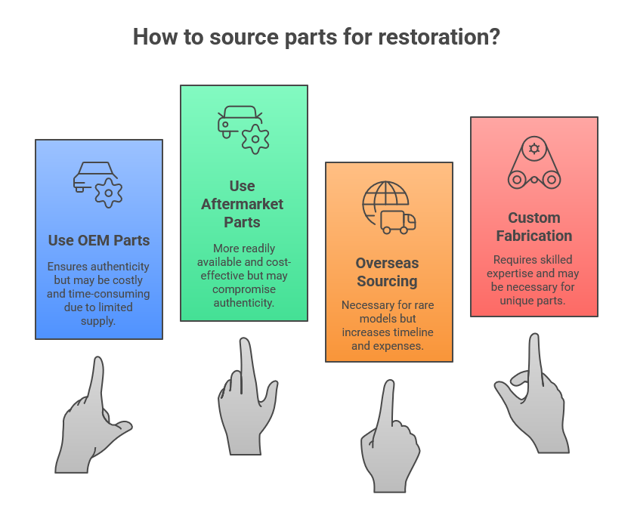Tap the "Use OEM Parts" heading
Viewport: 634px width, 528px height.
coord(99,241)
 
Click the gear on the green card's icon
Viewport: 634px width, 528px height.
coord(255,139)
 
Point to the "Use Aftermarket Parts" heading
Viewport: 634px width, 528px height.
coord(242,204)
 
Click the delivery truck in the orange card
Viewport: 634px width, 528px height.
coord(398,221)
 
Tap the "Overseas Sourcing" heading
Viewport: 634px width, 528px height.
coord(387,272)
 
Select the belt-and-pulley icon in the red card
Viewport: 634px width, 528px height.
coord(534,164)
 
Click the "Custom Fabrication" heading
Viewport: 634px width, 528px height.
coord(534,227)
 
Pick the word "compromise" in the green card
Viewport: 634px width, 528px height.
coord(243,289)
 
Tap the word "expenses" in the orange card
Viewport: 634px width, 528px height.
coord(404,346)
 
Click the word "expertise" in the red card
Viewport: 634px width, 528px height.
coord(513,273)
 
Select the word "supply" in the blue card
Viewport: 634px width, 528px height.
coord(99,320)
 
